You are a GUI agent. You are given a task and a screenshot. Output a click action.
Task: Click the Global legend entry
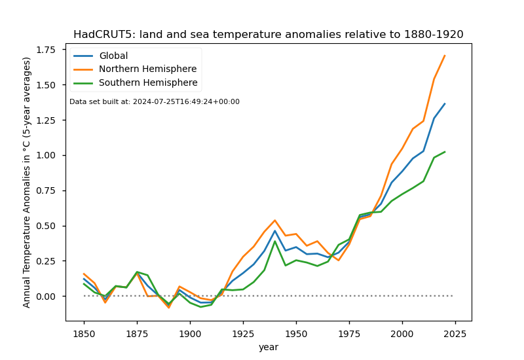coord(113,56)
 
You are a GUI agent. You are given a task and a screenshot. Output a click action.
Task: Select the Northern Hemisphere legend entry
coord(147,69)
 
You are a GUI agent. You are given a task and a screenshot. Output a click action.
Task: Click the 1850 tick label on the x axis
coord(84,332)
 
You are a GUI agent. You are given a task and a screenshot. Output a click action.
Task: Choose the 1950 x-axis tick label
coord(296,332)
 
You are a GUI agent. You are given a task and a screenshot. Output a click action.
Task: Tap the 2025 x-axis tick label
coord(455,332)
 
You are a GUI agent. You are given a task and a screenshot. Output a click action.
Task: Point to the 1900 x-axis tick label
coord(190,332)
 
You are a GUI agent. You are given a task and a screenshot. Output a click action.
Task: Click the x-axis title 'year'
coord(268,347)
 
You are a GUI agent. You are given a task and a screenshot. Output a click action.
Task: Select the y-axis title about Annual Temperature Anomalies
coord(27,182)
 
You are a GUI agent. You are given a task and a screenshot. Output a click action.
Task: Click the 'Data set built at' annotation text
coord(155,102)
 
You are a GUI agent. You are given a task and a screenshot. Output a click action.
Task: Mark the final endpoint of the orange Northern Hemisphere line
coord(445,56)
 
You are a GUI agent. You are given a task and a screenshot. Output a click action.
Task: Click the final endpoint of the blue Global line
coord(445,103)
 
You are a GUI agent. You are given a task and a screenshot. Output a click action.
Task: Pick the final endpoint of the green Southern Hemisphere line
coord(445,152)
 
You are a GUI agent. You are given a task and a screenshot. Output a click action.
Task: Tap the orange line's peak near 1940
coord(275,221)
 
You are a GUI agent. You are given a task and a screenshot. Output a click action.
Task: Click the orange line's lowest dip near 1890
coord(169,308)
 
